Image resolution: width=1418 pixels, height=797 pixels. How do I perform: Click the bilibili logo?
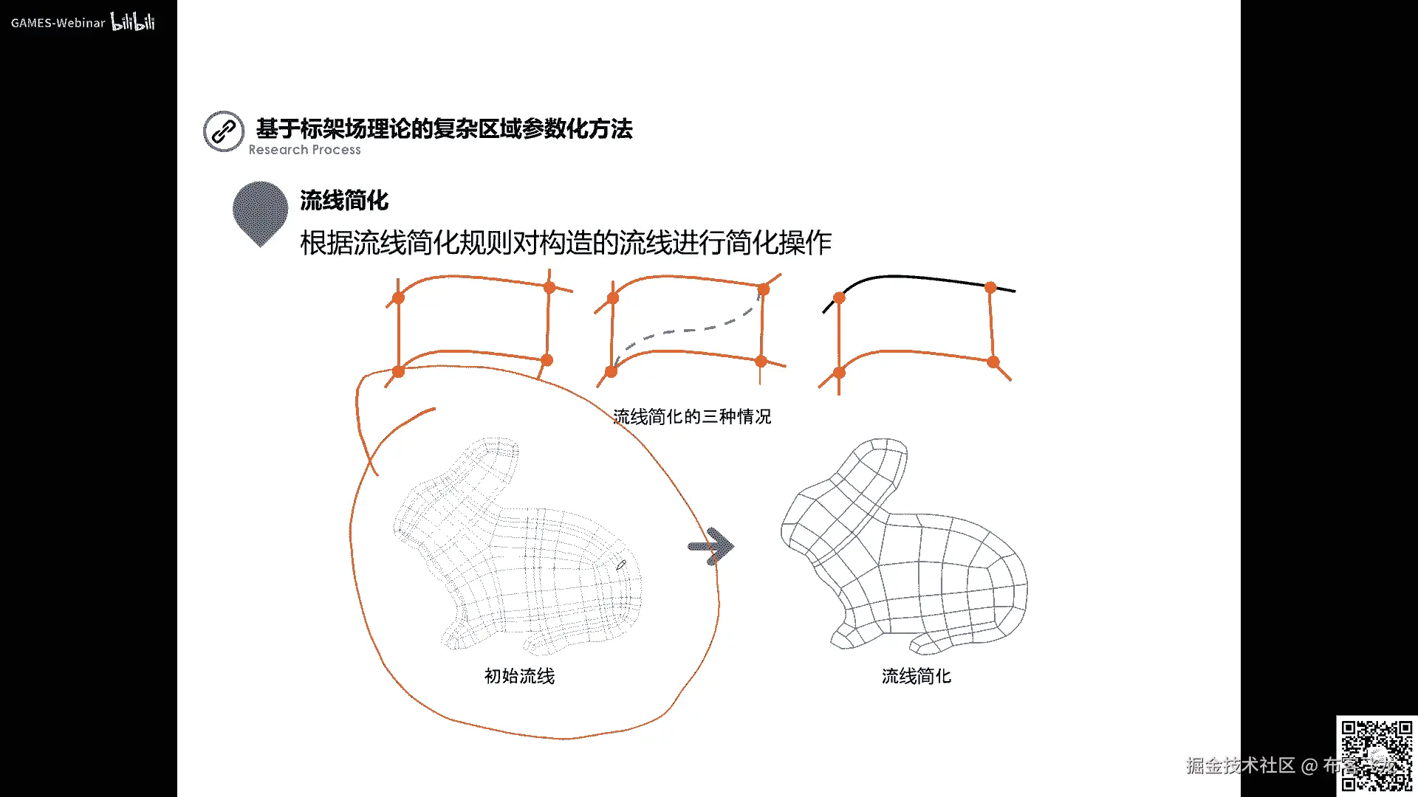tap(133, 21)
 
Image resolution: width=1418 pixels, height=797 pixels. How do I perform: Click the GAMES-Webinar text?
tap(58, 23)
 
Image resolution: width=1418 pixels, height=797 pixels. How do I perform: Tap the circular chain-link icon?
tap(224, 131)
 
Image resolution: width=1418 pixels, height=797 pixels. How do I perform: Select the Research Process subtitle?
tap(304, 150)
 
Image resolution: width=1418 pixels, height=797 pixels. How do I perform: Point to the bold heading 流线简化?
tap(344, 200)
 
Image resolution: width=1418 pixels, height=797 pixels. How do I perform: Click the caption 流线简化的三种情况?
tap(692, 417)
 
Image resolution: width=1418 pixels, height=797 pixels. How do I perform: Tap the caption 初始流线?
tap(519, 676)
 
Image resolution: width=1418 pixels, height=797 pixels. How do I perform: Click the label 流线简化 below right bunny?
tap(916, 676)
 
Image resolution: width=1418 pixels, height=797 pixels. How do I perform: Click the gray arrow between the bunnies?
tap(710, 547)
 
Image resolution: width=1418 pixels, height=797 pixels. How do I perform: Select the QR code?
tap(1376, 755)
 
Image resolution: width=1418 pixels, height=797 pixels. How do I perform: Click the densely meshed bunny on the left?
tap(517, 546)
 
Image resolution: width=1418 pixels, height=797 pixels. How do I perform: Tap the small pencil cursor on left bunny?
tap(621, 565)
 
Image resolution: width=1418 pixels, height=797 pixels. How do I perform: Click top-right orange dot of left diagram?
tap(549, 287)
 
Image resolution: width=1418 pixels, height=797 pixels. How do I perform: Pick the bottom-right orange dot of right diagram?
tap(993, 362)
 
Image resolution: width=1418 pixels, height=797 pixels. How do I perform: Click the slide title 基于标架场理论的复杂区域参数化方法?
tap(444, 128)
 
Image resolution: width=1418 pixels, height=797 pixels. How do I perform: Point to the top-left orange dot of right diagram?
tap(839, 298)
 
